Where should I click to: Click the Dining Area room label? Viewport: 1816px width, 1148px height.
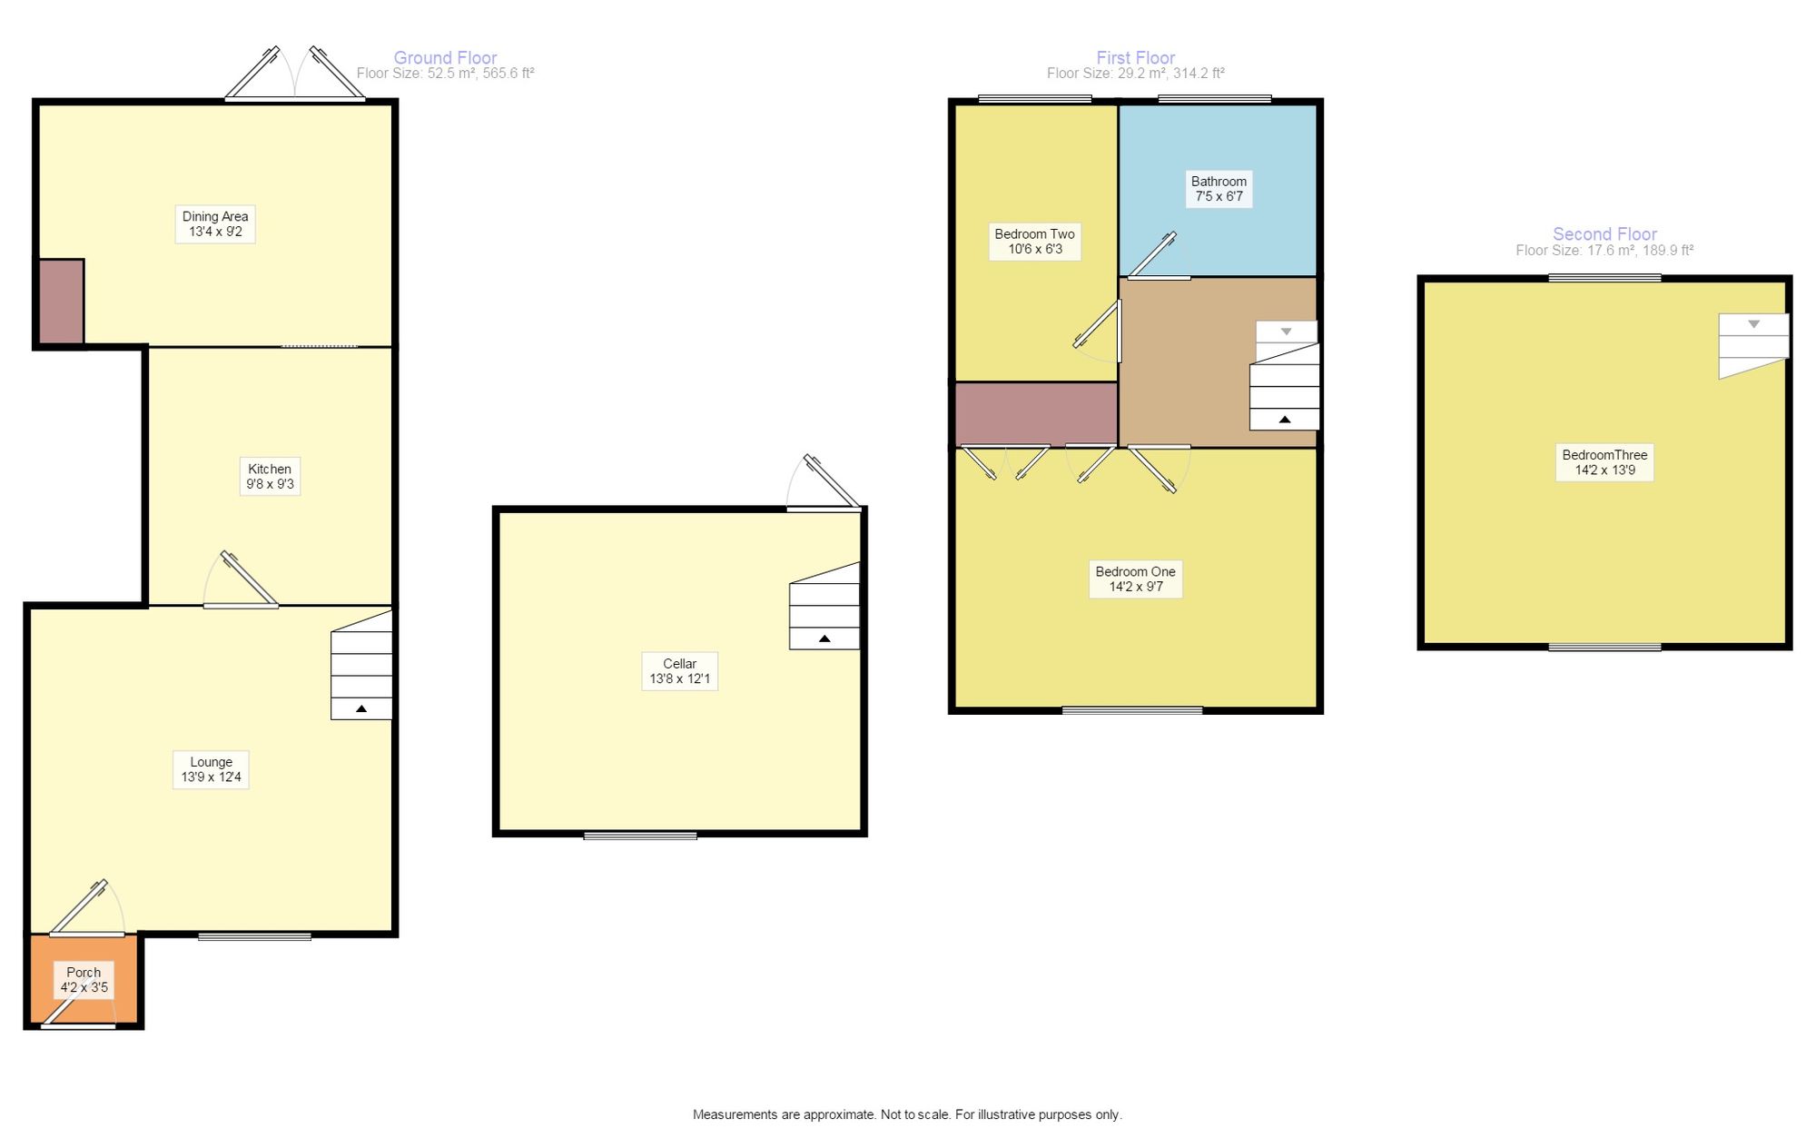point(215,224)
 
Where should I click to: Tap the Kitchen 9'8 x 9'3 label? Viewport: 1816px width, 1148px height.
point(271,477)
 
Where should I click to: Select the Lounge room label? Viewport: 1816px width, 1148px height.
point(211,769)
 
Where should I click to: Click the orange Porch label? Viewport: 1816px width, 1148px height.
point(84,980)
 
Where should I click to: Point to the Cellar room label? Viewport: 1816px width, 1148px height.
point(679,671)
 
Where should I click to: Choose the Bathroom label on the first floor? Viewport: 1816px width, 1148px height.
point(1219,189)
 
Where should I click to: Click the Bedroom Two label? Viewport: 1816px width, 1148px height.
point(1034,242)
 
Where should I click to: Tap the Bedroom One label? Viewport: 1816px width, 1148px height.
point(1135,579)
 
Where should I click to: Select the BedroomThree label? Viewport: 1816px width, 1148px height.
point(1604,462)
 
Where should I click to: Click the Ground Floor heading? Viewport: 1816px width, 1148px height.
point(445,57)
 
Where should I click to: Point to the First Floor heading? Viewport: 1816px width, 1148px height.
point(1135,57)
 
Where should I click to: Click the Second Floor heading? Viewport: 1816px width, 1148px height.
point(1604,233)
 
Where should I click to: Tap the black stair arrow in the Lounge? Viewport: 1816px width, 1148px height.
point(361,708)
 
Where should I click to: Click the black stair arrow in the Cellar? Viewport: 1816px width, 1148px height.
point(824,638)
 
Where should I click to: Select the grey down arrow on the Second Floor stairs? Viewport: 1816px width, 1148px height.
point(1753,324)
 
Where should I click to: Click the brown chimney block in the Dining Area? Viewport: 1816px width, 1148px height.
point(62,302)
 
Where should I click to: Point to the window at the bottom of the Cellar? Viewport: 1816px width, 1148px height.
point(640,836)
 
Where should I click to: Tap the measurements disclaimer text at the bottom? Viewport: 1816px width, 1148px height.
point(907,1114)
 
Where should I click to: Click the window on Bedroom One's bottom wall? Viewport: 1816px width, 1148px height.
point(1132,710)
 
